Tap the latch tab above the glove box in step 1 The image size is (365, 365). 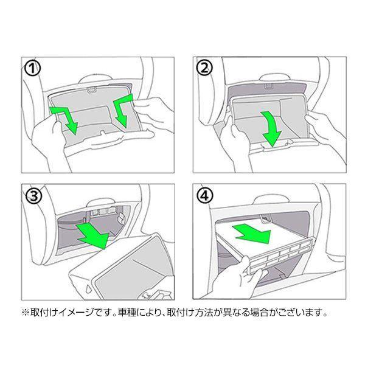[x=92, y=91]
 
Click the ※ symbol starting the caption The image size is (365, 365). [x=26, y=315]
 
